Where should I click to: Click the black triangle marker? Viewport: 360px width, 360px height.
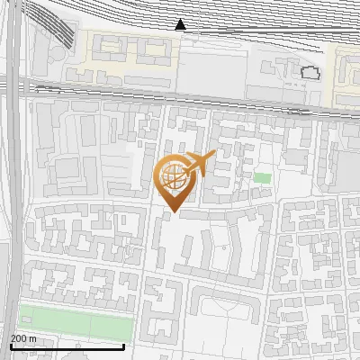181,25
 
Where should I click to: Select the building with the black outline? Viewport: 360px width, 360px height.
310,73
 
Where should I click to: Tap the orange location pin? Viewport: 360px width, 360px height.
175,180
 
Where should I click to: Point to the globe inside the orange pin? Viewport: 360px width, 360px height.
173,176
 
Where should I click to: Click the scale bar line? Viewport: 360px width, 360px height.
67,346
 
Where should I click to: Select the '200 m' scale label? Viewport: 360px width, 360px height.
23,338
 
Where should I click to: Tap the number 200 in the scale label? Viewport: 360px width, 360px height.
19,338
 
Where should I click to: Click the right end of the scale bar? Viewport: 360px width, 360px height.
123,346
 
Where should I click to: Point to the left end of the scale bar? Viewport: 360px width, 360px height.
11,346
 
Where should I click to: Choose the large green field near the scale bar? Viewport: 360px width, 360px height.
76,319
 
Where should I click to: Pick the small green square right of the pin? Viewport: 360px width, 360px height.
261,177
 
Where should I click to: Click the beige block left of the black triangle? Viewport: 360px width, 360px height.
125,50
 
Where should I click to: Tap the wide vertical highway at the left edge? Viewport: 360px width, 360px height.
15,180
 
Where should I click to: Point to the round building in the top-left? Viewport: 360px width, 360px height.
55,54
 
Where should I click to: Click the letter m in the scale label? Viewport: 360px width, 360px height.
32,338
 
